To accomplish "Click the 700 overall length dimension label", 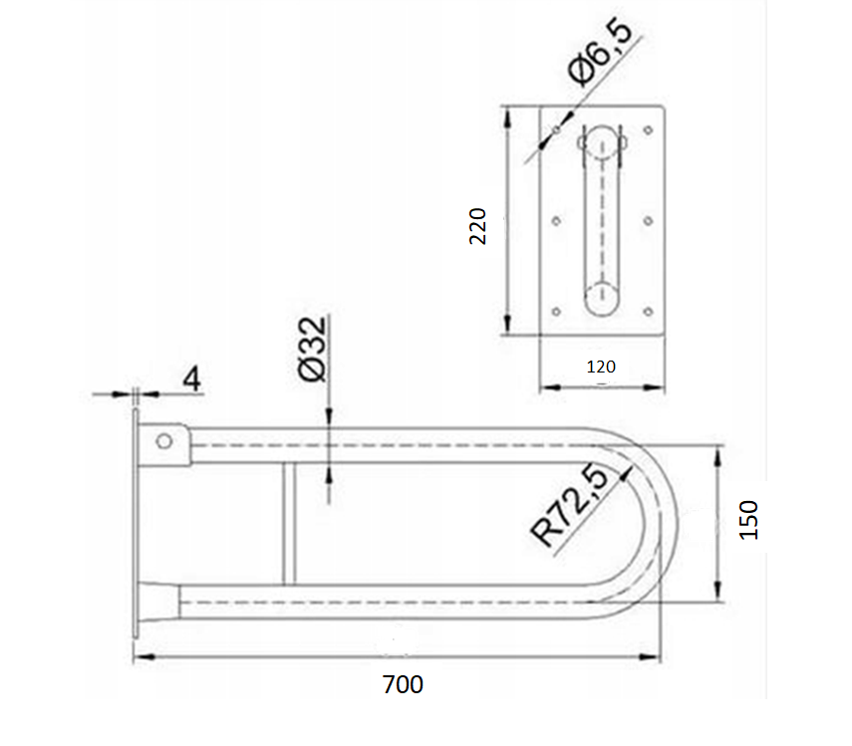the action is click(x=403, y=684).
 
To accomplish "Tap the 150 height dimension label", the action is click(x=748, y=520).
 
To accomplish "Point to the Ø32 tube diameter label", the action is click(x=313, y=349).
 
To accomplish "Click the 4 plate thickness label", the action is click(x=191, y=378).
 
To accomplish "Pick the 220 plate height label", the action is click(x=477, y=226).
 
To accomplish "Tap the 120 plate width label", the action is click(x=601, y=367).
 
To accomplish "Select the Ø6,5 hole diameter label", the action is click(x=600, y=52).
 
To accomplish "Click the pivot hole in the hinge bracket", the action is click(x=164, y=441).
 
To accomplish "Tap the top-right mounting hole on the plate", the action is click(x=649, y=130).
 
